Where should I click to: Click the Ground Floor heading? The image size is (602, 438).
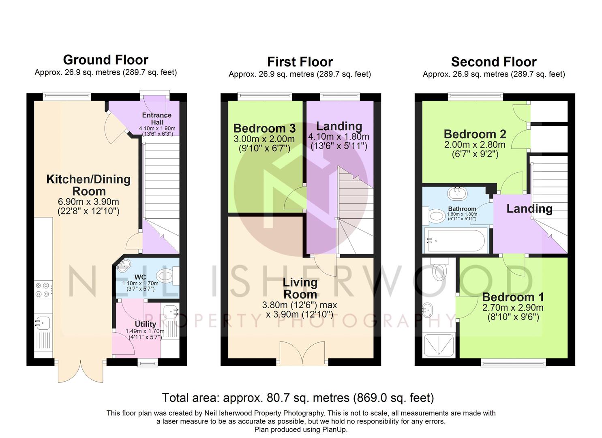pyautogui.click(x=106, y=60)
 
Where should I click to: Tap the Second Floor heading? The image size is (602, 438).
pyautogui.click(x=494, y=62)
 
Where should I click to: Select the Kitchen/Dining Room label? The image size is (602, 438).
pyautogui.click(x=88, y=185)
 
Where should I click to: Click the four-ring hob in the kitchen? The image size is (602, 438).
pyautogui.click(x=43, y=290)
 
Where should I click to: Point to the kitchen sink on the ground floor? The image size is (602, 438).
pyautogui.click(x=43, y=323)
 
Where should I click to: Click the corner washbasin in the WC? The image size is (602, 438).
pyautogui.click(x=124, y=265)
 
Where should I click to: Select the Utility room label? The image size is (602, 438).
pyautogui.click(x=146, y=324)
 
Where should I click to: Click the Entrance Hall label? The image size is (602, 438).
pyautogui.click(x=156, y=118)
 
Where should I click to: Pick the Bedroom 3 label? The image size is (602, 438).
pyautogui.click(x=264, y=128)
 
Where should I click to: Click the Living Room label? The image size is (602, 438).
pyautogui.click(x=300, y=288)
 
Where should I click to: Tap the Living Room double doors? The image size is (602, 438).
pyautogui.click(x=302, y=353)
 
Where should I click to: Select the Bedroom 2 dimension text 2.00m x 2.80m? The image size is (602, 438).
pyautogui.click(x=475, y=145)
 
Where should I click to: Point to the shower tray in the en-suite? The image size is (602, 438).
pyautogui.click(x=439, y=345)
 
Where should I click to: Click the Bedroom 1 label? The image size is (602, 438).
pyautogui.click(x=513, y=297)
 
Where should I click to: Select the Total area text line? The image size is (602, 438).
pyautogui.click(x=298, y=398)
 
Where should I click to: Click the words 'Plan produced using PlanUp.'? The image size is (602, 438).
pyautogui.click(x=301, y=429)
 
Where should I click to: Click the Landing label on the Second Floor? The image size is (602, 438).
pyautogui.click(x=529, y=209)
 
